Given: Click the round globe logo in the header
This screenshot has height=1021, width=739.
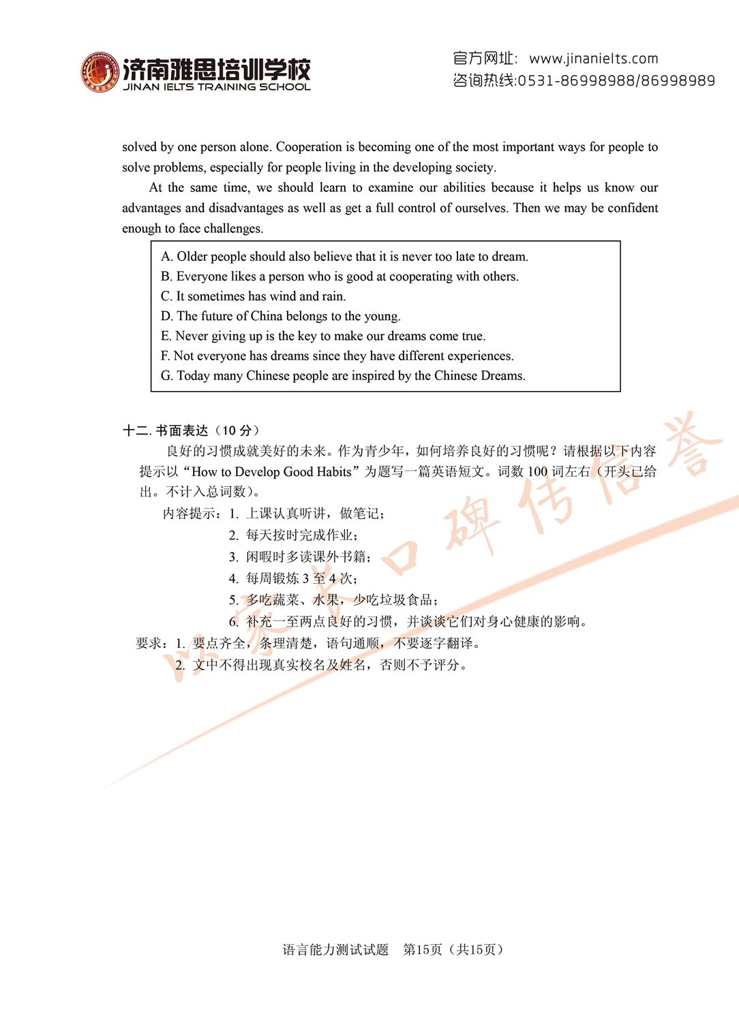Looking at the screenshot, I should (100, 72).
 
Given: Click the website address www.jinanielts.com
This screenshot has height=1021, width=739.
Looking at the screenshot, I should (593, 59).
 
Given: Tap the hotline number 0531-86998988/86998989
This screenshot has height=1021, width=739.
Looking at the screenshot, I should (616, 81).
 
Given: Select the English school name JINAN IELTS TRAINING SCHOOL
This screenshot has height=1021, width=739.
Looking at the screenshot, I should (217, 87).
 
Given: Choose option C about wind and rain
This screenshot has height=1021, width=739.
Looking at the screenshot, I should (254, 296).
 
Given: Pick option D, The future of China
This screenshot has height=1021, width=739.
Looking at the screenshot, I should (281, 316).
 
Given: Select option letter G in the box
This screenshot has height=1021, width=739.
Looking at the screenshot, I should (166, 376).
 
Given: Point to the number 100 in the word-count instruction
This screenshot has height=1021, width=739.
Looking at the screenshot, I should (538, 472).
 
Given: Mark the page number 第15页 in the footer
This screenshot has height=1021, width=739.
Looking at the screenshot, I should (423, 949).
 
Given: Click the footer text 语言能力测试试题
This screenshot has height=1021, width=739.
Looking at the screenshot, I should (335, 949).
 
